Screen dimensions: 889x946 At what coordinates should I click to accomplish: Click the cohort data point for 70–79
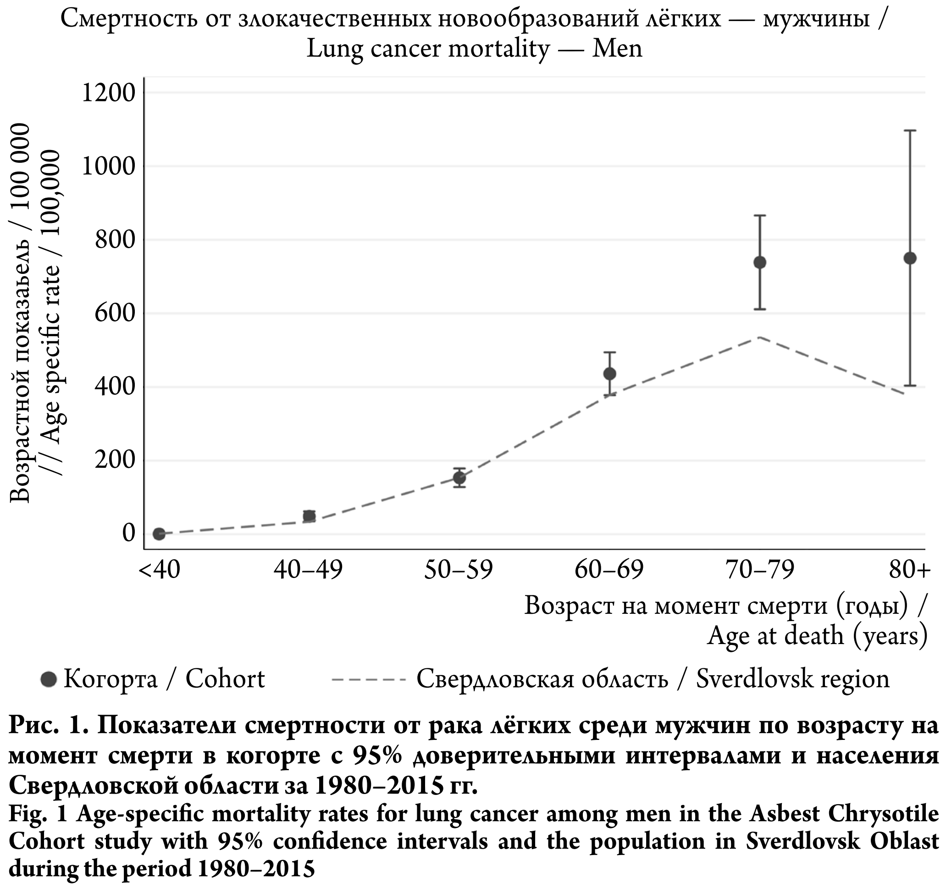point(760,262)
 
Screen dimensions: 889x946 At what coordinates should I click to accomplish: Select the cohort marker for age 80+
point(910,258)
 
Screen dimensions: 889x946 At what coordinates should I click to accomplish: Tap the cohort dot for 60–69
point(609,373)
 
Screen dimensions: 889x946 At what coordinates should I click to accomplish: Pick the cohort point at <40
point(159,534)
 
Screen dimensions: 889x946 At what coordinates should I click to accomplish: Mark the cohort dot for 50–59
point(459,478)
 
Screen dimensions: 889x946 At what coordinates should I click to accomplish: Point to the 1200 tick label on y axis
point(109,93)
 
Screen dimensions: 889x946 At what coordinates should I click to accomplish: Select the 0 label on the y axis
point(129,533)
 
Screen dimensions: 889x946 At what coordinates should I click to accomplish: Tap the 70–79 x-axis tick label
point(760,570)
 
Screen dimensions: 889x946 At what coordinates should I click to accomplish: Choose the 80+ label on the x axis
point(909,570)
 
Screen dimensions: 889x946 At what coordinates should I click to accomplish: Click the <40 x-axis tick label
point(160,570)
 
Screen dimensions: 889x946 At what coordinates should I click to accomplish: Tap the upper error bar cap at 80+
point(910,130)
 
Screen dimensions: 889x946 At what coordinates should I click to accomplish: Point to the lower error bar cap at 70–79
point(760,309)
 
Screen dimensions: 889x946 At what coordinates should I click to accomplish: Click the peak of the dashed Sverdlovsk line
point(759,337)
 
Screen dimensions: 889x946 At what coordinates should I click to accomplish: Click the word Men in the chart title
point(617,49)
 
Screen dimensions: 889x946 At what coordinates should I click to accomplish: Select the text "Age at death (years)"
point(817,636)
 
